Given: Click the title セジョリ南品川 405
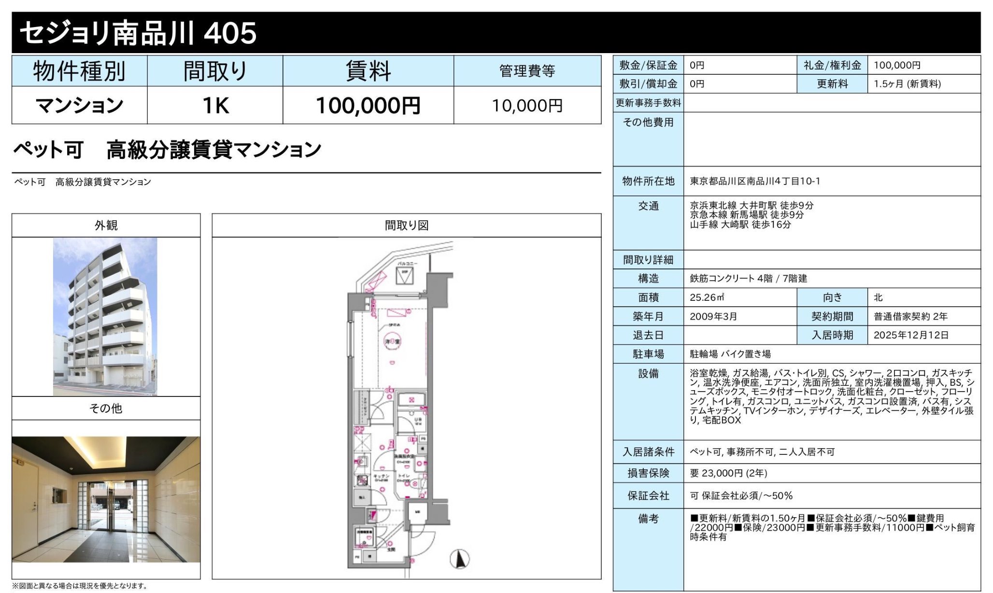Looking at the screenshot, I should click(x=138, y=33).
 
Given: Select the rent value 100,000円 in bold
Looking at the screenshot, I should click(x=368, y=105).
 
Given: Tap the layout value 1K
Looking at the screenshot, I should click(x=215, y=105).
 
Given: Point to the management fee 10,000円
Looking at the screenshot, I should click(x=527, y=105).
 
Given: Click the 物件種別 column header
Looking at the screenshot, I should click(x=79, y=71).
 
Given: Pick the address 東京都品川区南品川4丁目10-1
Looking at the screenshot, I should click(x=754, y=181).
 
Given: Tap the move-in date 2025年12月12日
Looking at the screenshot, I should click(x=911, y=335).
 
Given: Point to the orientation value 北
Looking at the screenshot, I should click(x=878, y=297).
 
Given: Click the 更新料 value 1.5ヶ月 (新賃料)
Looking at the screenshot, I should click(x=907, y=84).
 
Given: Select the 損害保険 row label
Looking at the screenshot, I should click(x=648, y=473).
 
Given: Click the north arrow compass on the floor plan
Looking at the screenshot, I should click(x=460, y=559).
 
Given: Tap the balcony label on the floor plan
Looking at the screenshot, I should click(x=407, y=264).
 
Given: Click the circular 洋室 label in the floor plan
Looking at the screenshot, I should click(x=392, y=341).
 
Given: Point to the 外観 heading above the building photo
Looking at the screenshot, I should click(x=106, y=226).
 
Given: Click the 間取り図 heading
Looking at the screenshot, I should click(x=406, y=226).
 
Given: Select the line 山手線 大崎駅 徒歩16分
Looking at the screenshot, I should click(x=740, y=225).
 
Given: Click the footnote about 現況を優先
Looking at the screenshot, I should click(x=80, y=586).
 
